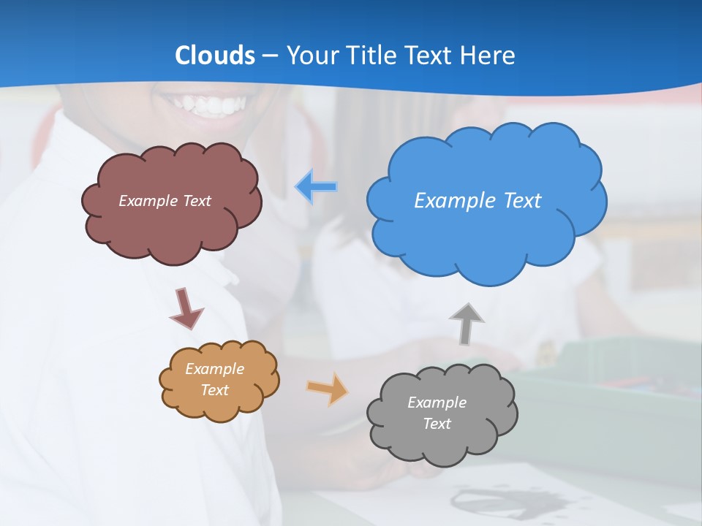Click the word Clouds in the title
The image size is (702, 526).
coord(215,56)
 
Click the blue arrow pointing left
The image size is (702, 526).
coord(317,187)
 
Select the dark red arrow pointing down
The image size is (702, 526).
coord(186,308)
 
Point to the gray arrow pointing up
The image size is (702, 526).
coord(467,323)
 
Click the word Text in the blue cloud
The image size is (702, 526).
coord(522,201)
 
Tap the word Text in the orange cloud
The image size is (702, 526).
coord(214,390)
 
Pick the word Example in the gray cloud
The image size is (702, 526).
coord(437,403)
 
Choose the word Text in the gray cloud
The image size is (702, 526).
coord(437,424)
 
